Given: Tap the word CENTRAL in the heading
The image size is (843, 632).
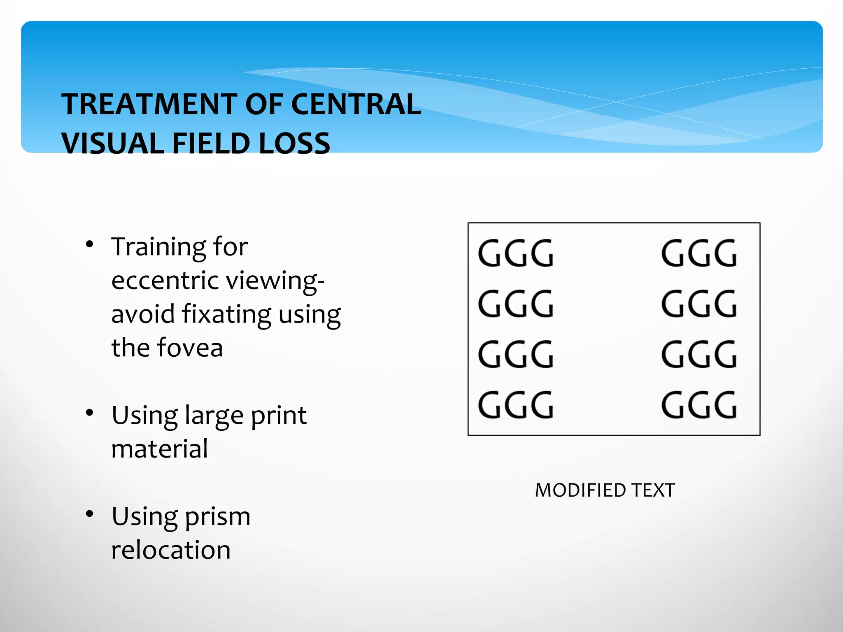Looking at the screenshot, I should click(356, 104).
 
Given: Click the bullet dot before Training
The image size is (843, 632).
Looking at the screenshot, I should click(90, 244).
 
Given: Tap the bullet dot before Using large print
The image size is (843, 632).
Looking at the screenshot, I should click(90, 413).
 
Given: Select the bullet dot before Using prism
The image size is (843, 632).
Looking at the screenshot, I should click(90, 514).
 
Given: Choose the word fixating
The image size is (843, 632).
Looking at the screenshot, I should click(226, 315).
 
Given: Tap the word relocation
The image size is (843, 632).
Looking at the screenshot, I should click(171, 550).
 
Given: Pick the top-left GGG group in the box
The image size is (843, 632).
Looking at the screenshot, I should click(516, 253).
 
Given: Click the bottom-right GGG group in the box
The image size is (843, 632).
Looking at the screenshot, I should click(699, 405).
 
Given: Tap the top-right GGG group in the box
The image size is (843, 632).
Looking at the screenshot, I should click(699, 253).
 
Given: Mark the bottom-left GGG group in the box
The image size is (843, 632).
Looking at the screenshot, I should click(516, 405).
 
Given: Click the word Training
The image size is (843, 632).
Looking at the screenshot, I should click(158, 248).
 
